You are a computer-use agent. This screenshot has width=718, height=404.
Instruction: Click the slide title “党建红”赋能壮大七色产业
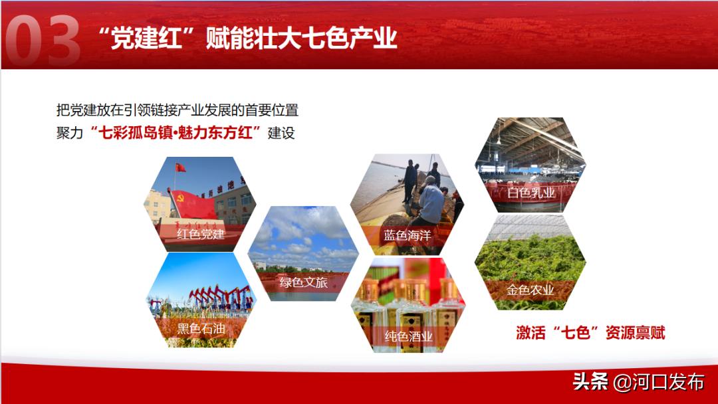[x=247, y=39]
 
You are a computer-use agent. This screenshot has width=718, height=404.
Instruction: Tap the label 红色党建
[x=201, y=234]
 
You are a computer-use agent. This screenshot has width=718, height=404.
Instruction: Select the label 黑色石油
[x=201, y=329]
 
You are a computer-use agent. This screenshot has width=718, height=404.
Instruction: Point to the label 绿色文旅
[x=303, y=282]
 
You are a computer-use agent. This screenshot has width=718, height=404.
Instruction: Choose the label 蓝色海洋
[x=407, y=236]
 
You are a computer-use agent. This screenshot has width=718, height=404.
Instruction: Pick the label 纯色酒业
[x=408, y=336]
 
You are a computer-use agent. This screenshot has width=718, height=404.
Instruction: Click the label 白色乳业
[x=530, y=193]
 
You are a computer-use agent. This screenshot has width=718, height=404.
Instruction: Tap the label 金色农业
[x=530, y=290]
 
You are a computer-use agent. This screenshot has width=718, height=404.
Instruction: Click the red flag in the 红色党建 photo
[x=180, y=167]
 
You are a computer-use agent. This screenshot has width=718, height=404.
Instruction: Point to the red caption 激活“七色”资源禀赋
[x=590, y=333]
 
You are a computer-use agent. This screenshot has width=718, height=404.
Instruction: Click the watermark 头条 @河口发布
[x=638, y=382]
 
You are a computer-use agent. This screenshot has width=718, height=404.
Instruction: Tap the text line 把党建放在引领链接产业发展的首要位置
[x=178, y=110]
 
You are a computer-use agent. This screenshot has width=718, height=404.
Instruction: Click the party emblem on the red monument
[x=178, y=197]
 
